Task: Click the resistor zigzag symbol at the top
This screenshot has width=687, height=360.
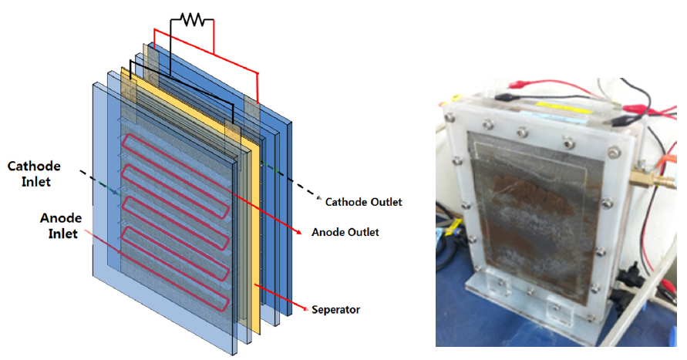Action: pos(192,21)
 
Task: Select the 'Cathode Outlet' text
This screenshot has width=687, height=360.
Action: pos(364,202)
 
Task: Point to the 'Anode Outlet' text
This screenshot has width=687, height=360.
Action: pos(345,231)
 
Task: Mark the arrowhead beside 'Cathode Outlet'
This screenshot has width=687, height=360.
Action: pos(318,199)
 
